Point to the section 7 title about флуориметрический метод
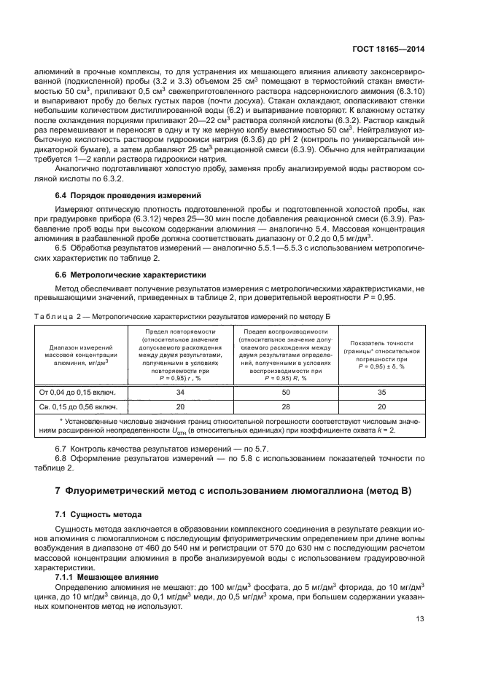(x=233, y=490)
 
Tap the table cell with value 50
(x=285, y=392)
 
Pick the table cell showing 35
(x=381, y=392)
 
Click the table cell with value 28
(x=285, y=406)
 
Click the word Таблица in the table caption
(x=53, y=314)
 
